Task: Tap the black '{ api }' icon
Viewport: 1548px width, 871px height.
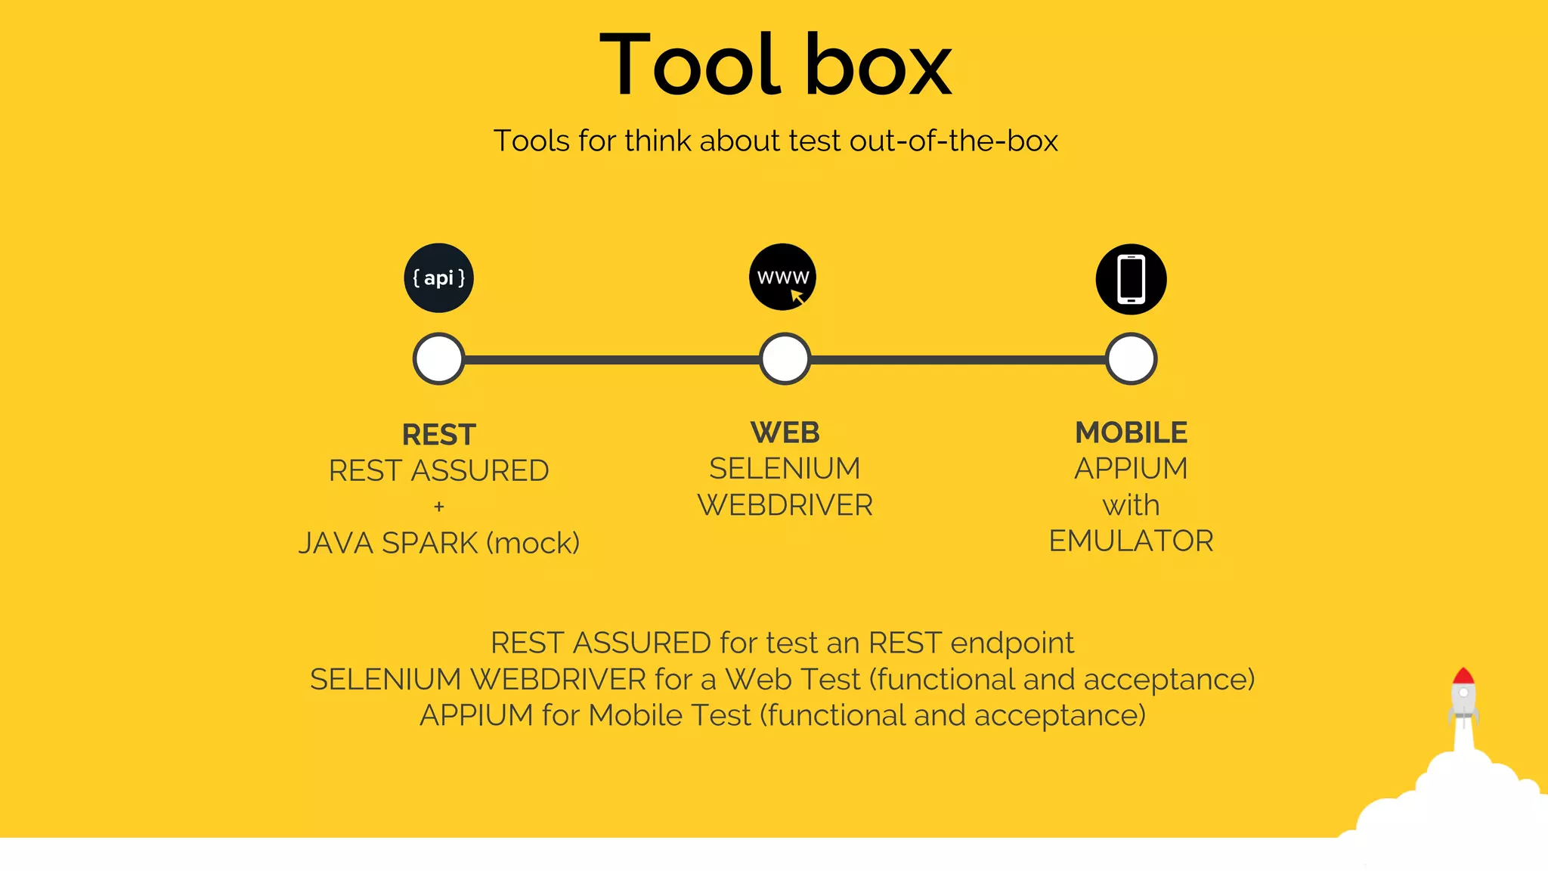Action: coord(439,278)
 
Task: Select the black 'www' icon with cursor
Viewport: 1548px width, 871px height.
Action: coord(783,277)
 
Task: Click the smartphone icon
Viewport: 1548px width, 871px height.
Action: coord(1131,279)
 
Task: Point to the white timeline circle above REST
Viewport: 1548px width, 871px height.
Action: coord(439,358)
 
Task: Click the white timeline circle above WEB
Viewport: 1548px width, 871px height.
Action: coord(785,358)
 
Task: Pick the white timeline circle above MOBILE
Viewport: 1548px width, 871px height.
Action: coord(1131,358)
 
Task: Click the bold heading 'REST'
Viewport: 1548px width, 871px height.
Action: coord(439,435)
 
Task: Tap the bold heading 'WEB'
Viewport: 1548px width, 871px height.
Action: coord(785,432)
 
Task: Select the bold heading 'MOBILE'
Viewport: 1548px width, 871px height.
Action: coord(1131,432)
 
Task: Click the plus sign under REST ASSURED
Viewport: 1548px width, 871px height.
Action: coord(439,507)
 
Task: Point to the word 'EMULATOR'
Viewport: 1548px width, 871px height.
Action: coord(1131,541)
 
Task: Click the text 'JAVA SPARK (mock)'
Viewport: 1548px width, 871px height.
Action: coord(439,543)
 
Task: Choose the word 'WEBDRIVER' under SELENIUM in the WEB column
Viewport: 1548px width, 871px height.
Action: coord(785,505)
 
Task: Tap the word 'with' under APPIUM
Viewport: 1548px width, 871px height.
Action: coord(1131,505)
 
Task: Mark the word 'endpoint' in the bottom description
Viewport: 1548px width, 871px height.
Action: coord(1011,643)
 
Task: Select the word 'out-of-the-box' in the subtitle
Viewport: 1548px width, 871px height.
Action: coord(953,141)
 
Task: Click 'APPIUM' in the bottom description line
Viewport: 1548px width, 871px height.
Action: coord(476,715)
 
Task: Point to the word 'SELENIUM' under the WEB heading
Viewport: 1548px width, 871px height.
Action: coord(785,469)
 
